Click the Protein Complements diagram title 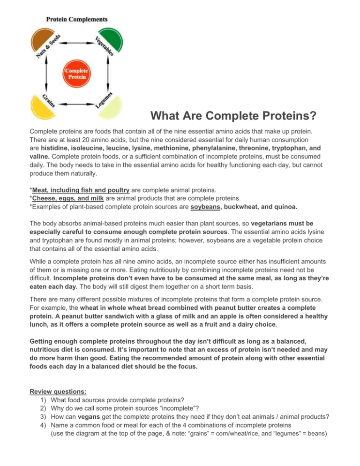click(x=76, y=19)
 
